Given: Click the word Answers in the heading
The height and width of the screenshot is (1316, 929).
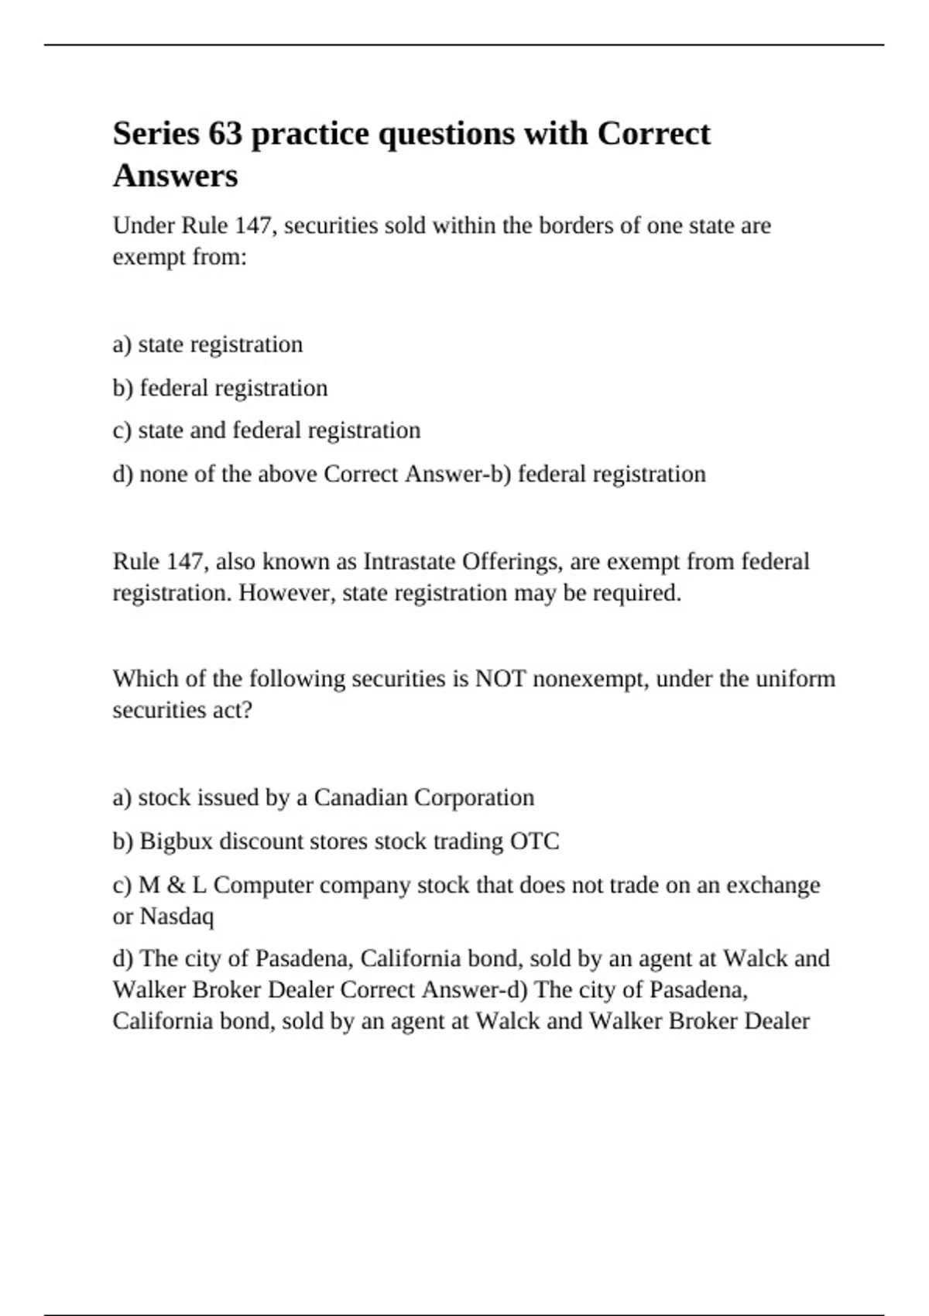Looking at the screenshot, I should pos(175,176).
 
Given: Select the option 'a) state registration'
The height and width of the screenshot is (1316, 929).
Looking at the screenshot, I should pos(207,344).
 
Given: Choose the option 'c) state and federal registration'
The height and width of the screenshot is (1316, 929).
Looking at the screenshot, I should pos(266,430).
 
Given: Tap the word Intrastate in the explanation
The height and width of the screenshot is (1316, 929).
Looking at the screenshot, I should pos(409,561).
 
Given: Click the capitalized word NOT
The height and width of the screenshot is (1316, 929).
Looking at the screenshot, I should pos(500,679).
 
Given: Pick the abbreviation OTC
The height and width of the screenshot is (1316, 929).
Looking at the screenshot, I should pos(534,841).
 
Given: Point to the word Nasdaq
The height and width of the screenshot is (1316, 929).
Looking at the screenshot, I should pos(177,917).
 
